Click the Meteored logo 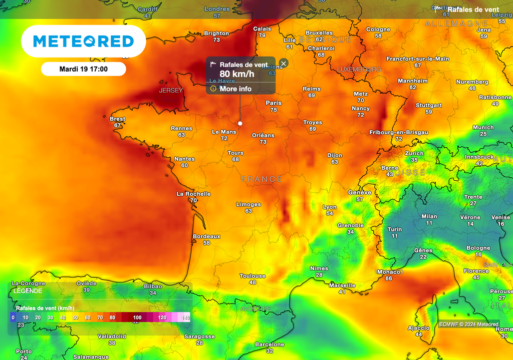83,41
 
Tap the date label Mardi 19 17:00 83,69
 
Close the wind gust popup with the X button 284,64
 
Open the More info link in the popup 235,89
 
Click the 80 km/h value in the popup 237,74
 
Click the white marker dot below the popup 240,123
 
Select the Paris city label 274,103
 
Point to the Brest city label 118,119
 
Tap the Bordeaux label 206,236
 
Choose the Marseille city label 342,285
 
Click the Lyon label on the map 330,207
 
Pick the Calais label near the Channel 262,29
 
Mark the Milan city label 429,216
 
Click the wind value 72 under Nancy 361,115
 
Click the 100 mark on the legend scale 137,317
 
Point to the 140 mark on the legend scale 186,317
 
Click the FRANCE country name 262,179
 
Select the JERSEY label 171,91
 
